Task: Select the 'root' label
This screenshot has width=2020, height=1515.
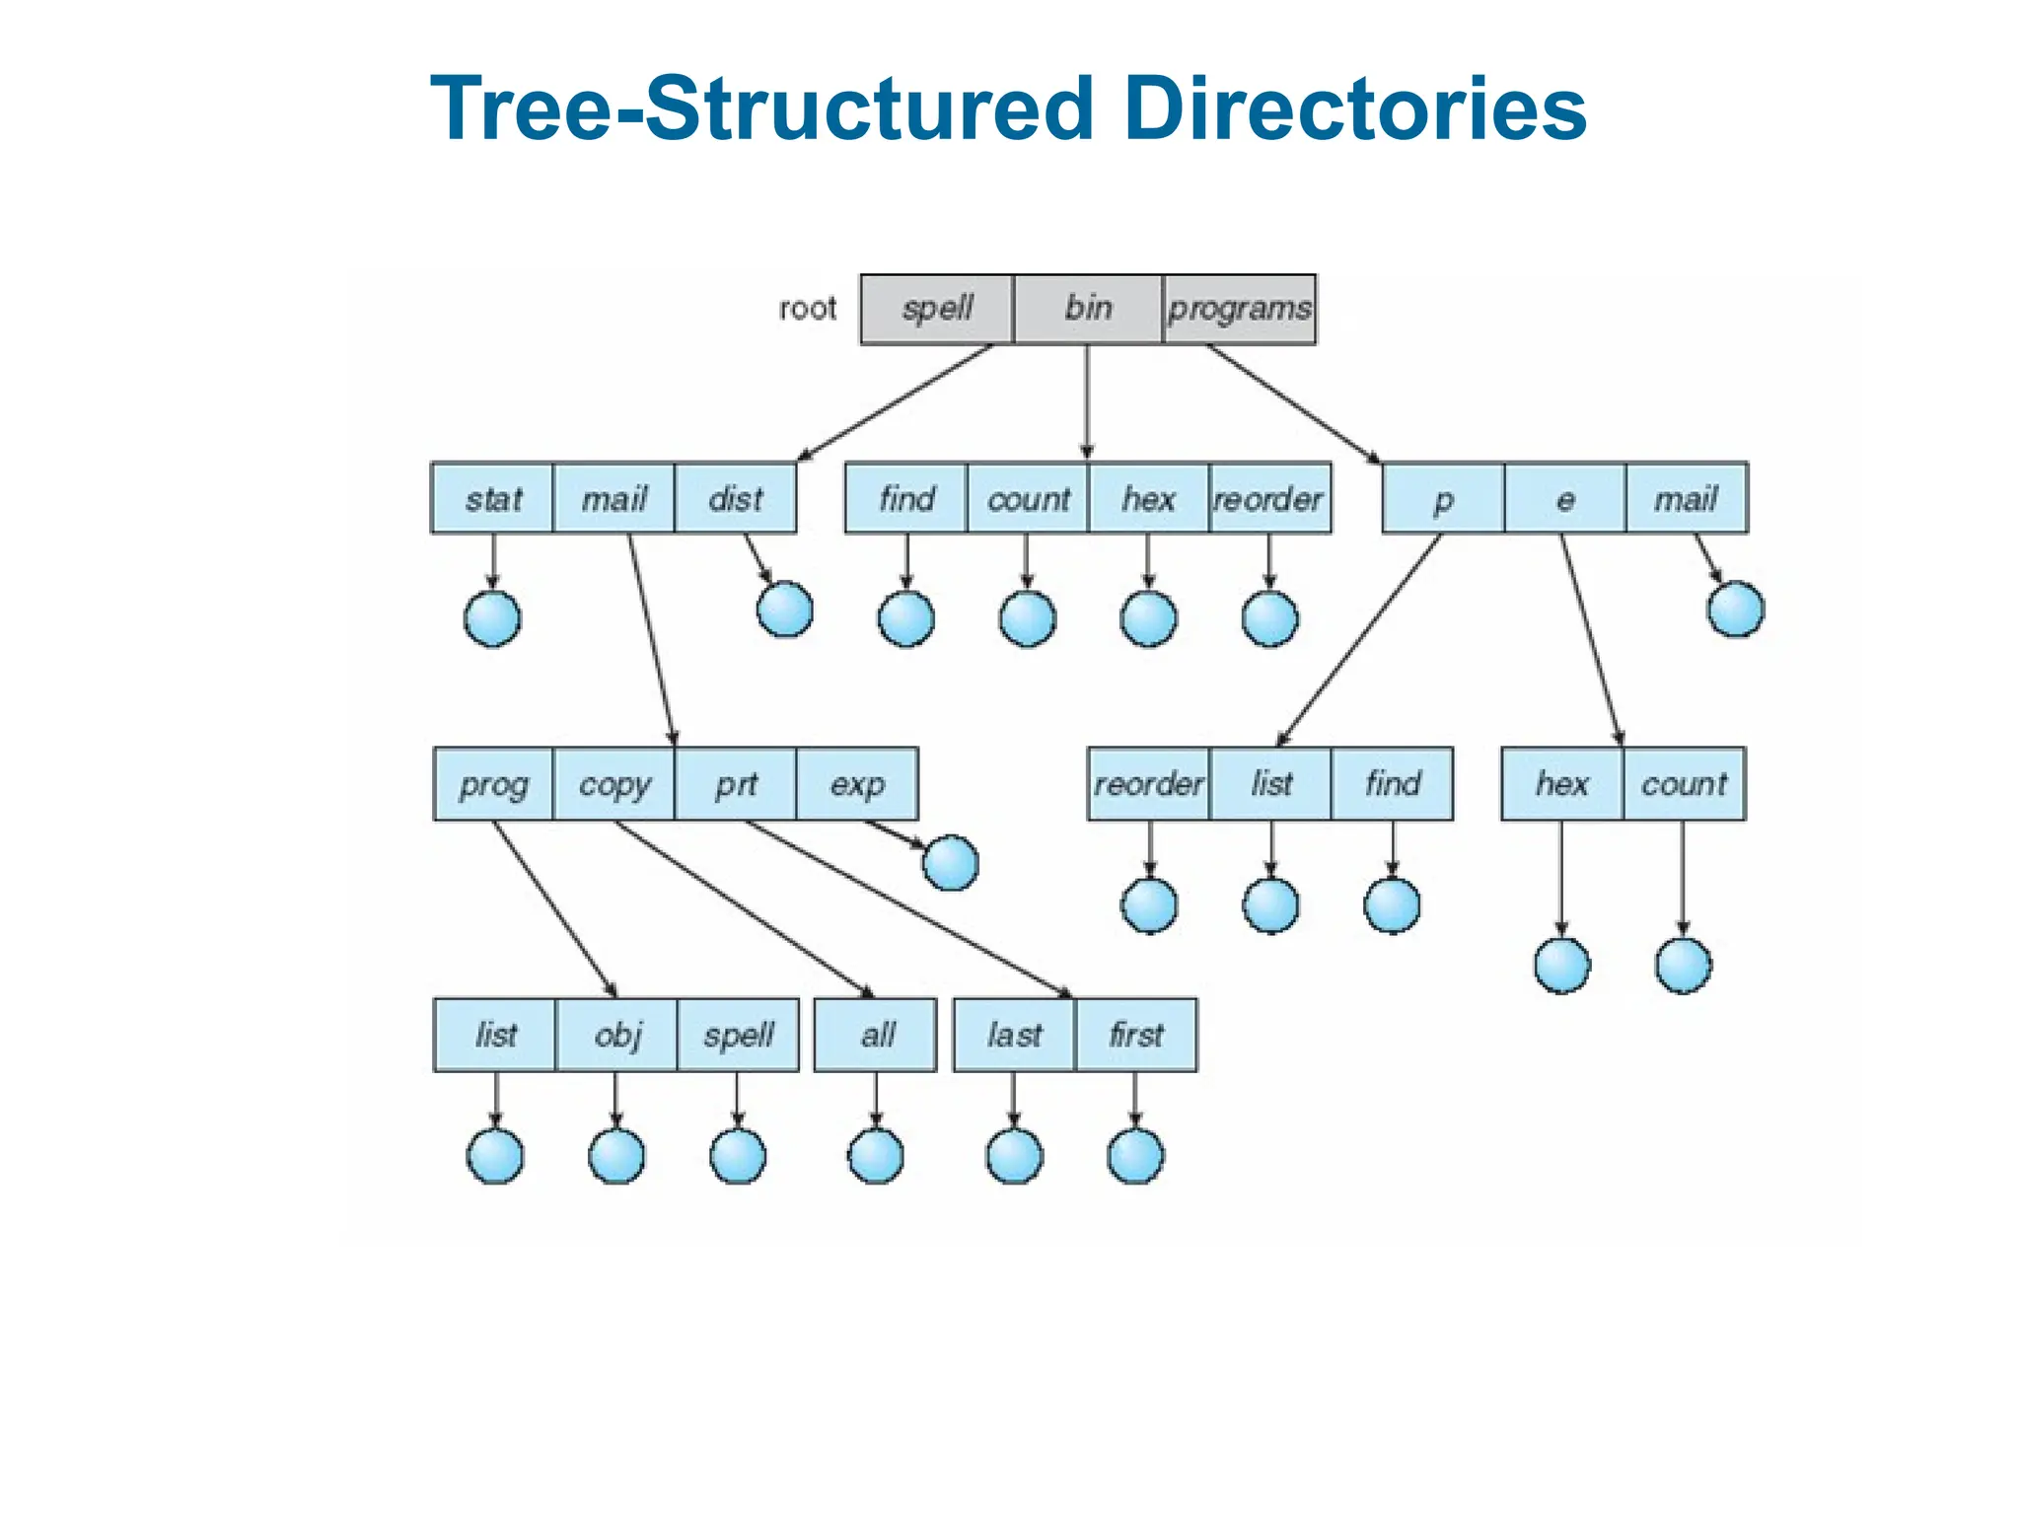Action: tap(807, 310)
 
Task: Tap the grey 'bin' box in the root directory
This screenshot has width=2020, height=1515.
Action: tap(1088, 309)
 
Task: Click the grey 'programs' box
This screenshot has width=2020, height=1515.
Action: tap(1239, 310)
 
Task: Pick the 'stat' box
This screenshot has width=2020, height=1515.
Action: tap(492, 498)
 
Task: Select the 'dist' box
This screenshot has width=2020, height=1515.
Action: tap(736, 498)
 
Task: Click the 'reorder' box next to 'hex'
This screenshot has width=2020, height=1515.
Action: tap(1269, 498)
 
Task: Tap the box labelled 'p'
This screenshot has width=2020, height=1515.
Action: tap(1443, 498)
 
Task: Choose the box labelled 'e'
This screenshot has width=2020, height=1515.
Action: tap(1564, 498)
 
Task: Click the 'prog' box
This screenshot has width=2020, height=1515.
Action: tap(493, 784)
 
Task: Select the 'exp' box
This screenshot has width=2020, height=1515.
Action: tap(856, 784)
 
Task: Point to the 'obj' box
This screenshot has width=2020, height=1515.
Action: tap(617, 1035)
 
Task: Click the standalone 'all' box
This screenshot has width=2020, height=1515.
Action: tap(876, 1035)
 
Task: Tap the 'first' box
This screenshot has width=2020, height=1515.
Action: tap(1135, 1035)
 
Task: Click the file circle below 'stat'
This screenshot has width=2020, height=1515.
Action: tap(492, 619)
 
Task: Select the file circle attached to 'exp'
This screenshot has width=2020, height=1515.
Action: tap(951, 863)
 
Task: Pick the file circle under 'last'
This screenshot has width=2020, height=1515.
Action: tap(1014, 1156)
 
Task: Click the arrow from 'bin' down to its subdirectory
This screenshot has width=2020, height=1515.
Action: tap(1087, 399)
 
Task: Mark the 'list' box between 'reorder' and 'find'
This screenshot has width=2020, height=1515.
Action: tap(1270, 784)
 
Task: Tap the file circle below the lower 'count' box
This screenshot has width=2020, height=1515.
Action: tap(1684, 966)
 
